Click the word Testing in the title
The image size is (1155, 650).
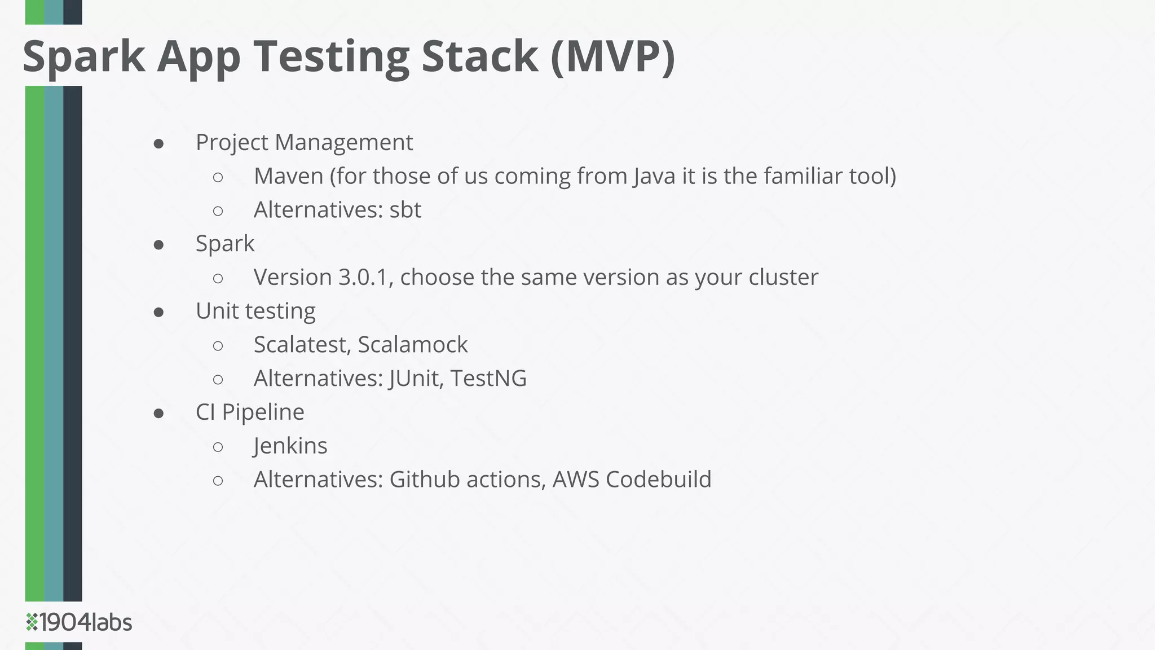click(332, 56)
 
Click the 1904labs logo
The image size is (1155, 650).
click(79, 622)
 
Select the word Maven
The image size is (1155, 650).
click(288, 176)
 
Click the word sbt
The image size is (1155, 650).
click(405, 210)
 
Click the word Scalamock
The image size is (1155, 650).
click(413, 345)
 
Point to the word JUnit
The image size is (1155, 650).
click(413, 378)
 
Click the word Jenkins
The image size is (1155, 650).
click(290, 446)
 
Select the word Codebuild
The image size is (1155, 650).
click(659, 480)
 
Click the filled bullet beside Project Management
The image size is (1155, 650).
click(158, 144)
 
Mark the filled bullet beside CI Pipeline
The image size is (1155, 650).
click(158, 414)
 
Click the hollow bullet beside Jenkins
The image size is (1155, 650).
click(218, 447)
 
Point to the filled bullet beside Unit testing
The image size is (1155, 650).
click(158, 313)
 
